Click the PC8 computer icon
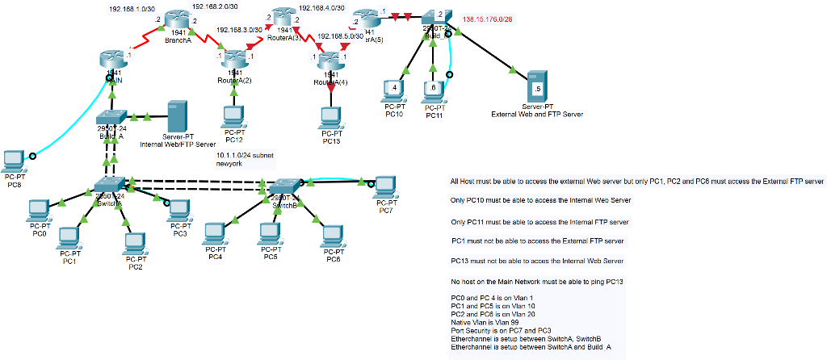pyautogui.click(x=14, y=159)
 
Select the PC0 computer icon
pyautogui.click(x=39, y=210)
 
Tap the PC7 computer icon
pyautogui.click(x=385, y=186)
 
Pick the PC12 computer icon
pyautogui.click(x=234, y=117)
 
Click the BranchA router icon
pyautogui.click(x=177, y=21)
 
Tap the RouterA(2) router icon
pyautogui.click(x=234, y=59)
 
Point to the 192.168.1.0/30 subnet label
pyautogui.click(x=132, y=9)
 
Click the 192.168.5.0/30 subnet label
pyautogui.click(x=341, y=36)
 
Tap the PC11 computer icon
pyautogui.click(x=434, y=91)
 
